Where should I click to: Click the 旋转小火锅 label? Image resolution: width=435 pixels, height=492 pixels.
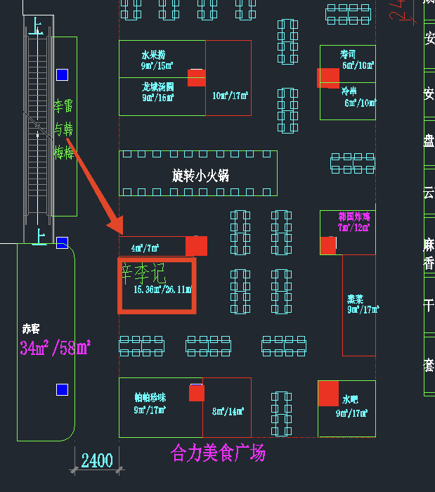pyautogui.click(x=200, y=176)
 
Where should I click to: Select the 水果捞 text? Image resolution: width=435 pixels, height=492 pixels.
pyautogui.click(x=153, y=54)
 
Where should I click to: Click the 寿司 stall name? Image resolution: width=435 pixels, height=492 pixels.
pyautogui.click(x=348, y=54)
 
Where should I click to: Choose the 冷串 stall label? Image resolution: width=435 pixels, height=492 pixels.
pyautogui.click(x=349, y=91)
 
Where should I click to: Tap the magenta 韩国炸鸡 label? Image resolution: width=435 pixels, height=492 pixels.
pyautogui.click(x=354, y=217)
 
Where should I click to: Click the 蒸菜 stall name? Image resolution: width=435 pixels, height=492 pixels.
pyautogui.click(x=355, y=297)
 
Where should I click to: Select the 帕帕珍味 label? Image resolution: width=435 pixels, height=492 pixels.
pyautogui.click(x=151, y=397)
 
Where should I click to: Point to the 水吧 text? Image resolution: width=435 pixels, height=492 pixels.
pyautogui.click(x=350, y=398)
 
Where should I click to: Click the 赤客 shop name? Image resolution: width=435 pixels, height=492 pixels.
pyautogui.click(x=31, y=328)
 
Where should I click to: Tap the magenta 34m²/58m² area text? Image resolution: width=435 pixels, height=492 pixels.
pyautogui.click(x=55, y=347)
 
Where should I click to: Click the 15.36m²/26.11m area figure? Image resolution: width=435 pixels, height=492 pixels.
pyautogui.click(x=162, y=290)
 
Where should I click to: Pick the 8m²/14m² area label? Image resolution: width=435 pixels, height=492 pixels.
pyautogui.click(x=228, y=412)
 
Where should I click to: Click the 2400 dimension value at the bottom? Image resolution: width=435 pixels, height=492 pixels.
pyautogui.click(x=97, y=461)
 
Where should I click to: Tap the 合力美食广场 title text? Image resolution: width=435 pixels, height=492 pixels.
pyautogui.click(x=218, y=452)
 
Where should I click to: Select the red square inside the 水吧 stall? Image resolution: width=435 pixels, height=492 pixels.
pyautogui.click(x=328, y=394)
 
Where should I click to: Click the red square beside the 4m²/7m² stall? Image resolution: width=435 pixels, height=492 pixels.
pyautogui.click(x=197, y=246)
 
